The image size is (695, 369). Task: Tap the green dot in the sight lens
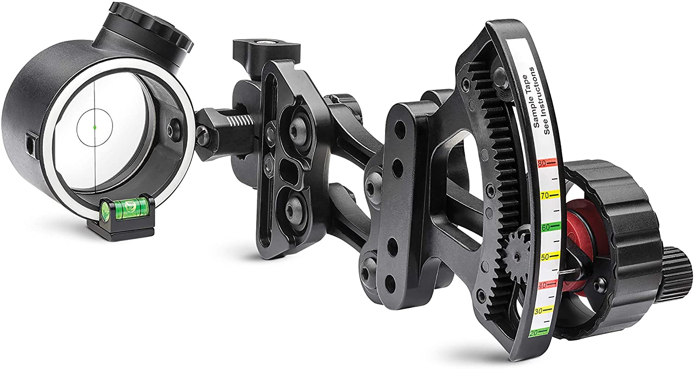point(95,127)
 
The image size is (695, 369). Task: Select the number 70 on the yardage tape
point(544,196)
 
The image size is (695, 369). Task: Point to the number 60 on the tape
point(545,227)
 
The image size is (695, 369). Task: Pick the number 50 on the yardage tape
point(545,257)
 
